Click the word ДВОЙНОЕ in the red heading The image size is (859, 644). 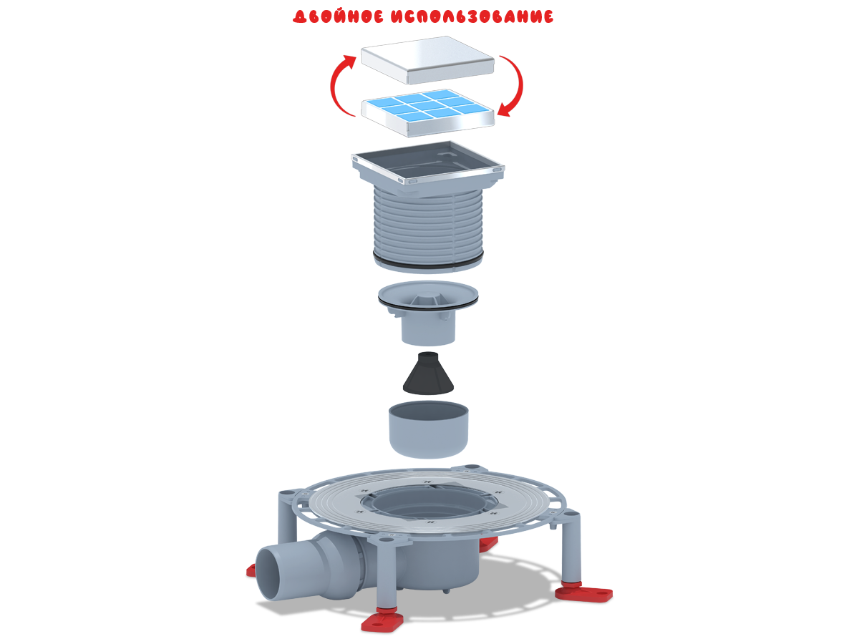(x=338, y=16)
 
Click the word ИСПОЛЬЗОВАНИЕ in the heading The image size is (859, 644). (x=472, y=16)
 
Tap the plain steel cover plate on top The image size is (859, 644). (x=427, y=60)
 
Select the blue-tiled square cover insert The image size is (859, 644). (x=427, y=112)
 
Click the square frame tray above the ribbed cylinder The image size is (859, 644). (x=428, y=168)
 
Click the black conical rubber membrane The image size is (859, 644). (x=428, y=374)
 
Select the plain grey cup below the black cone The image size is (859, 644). (x=428, y=429)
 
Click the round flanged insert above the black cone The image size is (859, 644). (x=428, y=313)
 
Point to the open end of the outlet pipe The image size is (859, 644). (x=269, y=574)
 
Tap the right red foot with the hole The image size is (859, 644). (x=584, y=592)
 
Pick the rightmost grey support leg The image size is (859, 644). (x=571, y=547)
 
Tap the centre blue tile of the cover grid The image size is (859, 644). (x=428, y=106)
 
